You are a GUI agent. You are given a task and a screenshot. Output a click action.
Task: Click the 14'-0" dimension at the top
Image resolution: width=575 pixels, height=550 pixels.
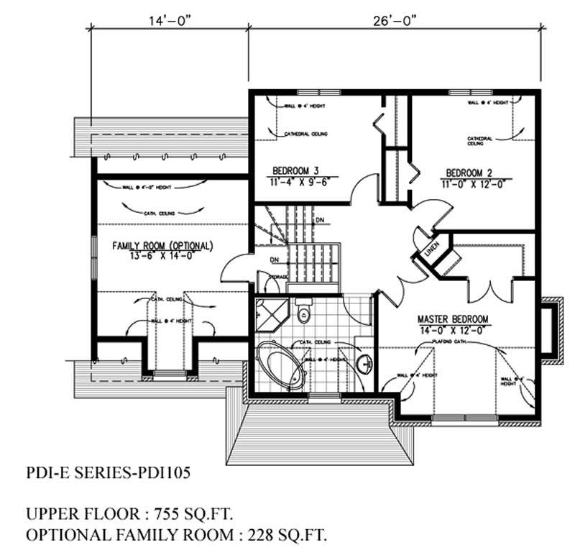pos(169,21)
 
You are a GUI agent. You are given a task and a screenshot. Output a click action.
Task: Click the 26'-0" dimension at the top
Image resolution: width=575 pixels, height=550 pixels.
pos(395,21)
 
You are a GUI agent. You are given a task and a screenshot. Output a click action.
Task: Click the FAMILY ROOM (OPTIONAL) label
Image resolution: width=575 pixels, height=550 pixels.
pos(162,246)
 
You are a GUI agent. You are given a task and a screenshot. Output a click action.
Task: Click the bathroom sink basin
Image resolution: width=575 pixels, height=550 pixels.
pos(365,359)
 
